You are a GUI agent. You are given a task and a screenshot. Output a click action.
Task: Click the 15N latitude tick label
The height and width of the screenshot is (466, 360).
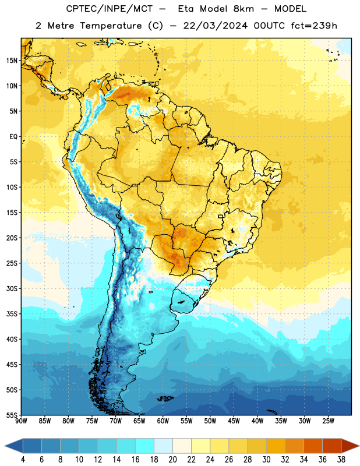pyautogui.click(x=12, y=61)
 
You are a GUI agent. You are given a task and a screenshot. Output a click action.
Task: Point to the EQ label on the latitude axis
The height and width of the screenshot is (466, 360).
pyautogui.click(x=13, y=137)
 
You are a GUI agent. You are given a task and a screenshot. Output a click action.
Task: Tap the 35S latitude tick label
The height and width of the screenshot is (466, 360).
pyautogui.click(x=12, y=314)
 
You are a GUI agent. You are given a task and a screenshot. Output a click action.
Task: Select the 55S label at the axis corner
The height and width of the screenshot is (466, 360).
pyautogui.click(x=12, y=415)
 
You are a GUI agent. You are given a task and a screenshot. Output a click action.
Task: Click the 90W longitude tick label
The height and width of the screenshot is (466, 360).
pyautogui.click(x=21, y=421)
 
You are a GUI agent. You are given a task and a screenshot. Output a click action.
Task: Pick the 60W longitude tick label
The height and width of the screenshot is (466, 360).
pyautogui.click(x=163, y=421)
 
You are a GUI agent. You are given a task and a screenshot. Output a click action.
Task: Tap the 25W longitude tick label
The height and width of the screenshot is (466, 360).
pyautogui.click(x=328, y=421)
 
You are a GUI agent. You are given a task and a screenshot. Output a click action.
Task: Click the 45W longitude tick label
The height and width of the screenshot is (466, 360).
pyautogui.click(x=234, y=421)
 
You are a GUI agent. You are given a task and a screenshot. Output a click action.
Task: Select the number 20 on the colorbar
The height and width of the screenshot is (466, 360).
pyautogui.click(x=172, y=460)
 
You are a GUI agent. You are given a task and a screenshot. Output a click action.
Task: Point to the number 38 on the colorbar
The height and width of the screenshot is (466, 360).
pyautogui.click(x=341, y=460)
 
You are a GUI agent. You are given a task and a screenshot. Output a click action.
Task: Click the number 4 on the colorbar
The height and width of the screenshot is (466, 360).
pyautogui.click(x=23, y=460)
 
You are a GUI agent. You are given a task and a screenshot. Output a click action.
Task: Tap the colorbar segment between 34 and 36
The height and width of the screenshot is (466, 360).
pyautogui.click(x=313, y=446)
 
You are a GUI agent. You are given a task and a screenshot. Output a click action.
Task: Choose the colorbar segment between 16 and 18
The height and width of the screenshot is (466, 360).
pyautogui.click(x=144, y=446)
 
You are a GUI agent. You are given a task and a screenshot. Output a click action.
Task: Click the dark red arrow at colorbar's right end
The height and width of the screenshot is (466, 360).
pyautogui.click(x=350, y=446)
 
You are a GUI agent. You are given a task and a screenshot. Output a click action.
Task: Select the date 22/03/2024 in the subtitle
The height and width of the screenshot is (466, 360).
pyautogui.click(x=215, y=26)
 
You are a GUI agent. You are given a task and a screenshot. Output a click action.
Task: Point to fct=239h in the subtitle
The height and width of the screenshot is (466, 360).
pyautogui.click(x=314, y=26)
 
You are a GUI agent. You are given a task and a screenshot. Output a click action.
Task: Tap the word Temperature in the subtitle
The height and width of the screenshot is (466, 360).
pyautogui.click(x=111, y=26)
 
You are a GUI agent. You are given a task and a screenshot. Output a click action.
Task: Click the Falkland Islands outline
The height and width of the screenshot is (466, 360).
pyautogui.click(x=165, y=398)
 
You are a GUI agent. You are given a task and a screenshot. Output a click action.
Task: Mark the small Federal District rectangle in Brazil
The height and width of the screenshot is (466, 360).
pyautogui.click(x=221, y=216)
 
